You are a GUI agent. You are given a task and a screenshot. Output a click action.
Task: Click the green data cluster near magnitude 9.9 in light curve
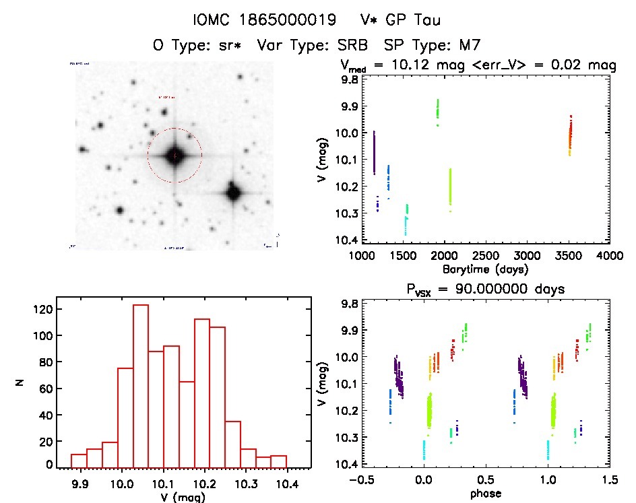coord(437,112)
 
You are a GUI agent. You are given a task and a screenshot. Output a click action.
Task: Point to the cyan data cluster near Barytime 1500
coord(406,219)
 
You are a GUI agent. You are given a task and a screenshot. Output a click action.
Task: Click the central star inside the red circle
coord(174,156)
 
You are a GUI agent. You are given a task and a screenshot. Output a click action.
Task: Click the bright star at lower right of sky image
coord(234,193)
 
